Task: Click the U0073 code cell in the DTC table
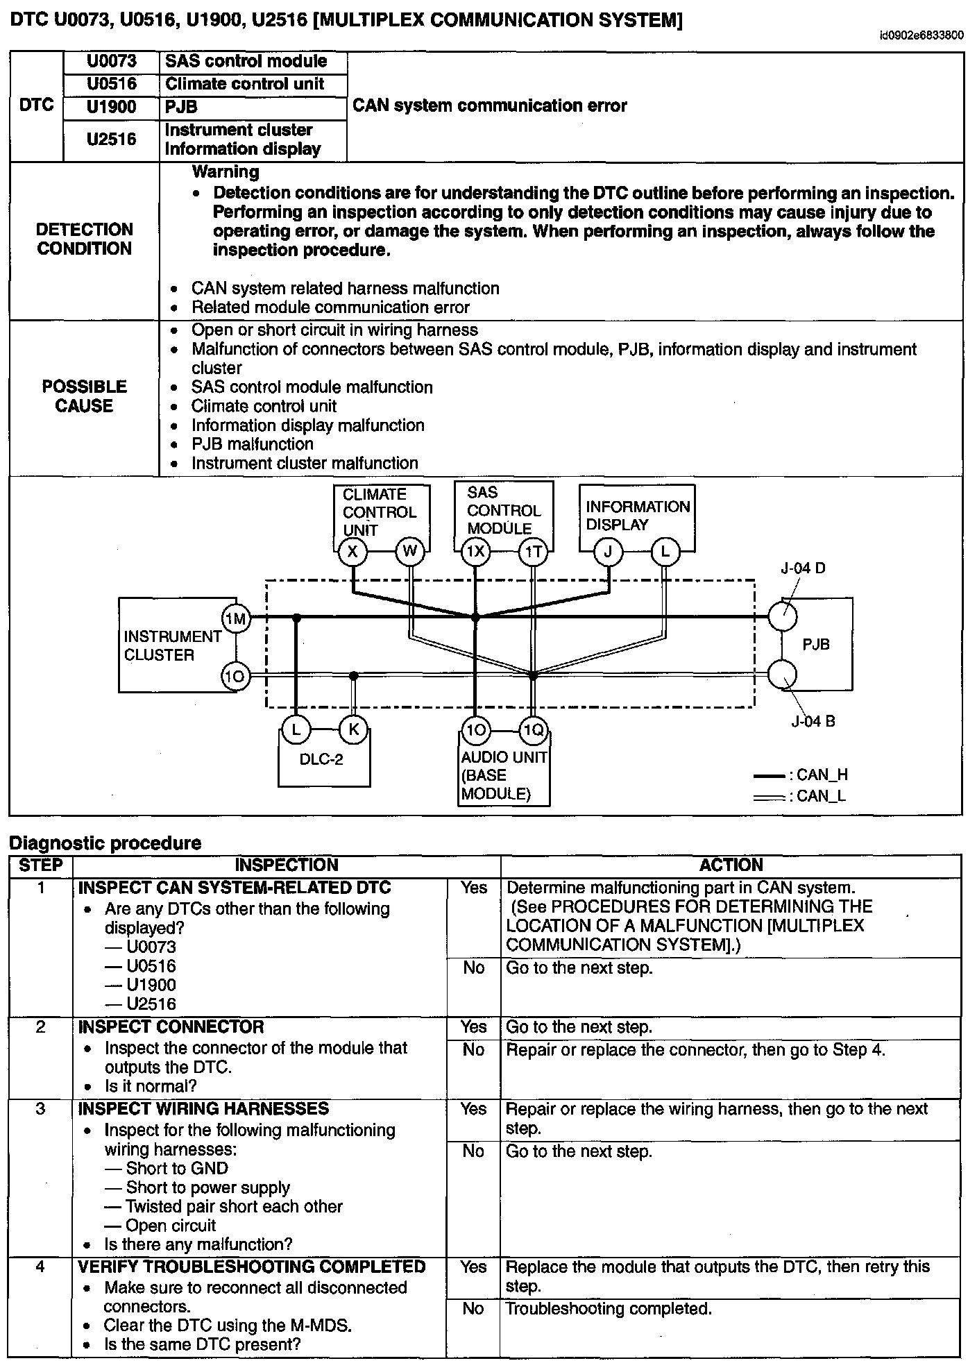point(111,62)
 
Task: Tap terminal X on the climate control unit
point(352,552)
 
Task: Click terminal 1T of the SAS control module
point(533,552)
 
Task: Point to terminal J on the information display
point(609,552)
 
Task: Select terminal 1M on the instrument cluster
point(236,618)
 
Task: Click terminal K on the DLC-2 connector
point(353,730)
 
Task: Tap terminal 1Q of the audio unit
point(533,730)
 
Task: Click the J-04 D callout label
point(804,569)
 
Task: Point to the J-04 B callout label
point(813,722)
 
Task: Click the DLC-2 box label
point(321,759)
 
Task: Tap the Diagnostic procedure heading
point(105,843)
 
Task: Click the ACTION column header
point(731,865)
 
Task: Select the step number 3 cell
point(40,1109)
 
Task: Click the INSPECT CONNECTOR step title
point(171,1027)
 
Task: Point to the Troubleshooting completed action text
point(609,1309)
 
